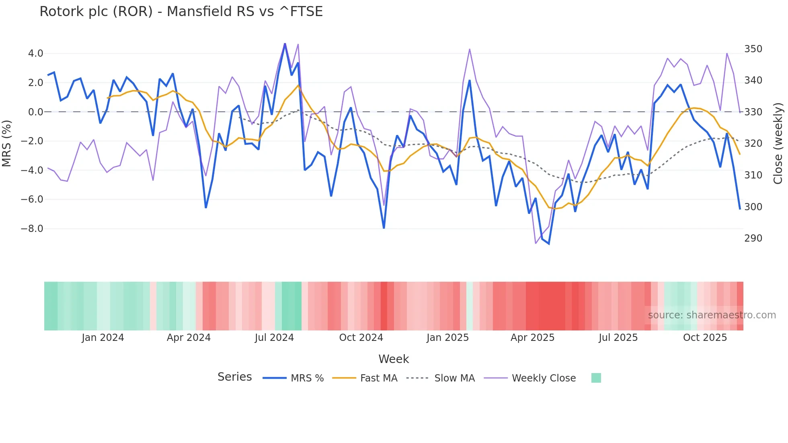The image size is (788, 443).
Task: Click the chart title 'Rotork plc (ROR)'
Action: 181,12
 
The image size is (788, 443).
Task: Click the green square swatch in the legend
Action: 596,378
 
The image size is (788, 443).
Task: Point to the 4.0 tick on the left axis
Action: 35,53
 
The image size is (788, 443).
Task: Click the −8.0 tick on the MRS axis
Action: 32,229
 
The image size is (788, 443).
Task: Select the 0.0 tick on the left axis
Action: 35,112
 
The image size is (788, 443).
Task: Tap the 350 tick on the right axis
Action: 753,49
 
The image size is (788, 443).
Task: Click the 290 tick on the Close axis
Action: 753,238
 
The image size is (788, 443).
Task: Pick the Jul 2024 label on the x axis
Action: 274,338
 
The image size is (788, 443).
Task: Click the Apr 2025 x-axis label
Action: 532,338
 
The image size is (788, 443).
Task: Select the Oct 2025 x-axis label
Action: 705,338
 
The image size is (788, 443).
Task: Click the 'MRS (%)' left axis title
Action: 7,143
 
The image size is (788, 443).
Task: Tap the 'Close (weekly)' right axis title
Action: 778,143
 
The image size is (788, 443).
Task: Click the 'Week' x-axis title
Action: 394,359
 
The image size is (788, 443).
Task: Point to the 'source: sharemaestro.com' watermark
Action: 712,315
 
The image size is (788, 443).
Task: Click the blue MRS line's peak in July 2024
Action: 285,44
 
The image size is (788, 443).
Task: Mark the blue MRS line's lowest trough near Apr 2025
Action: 549,244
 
